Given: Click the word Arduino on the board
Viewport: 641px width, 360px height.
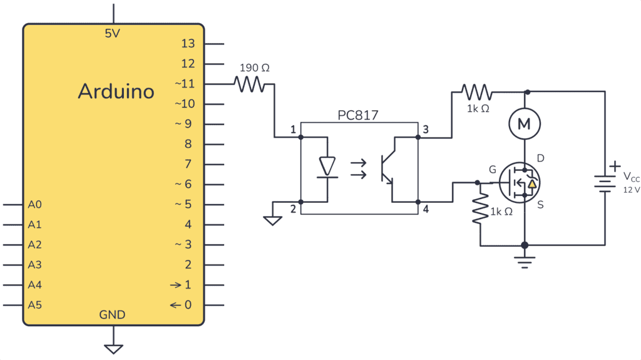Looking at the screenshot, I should [x=116, y=91].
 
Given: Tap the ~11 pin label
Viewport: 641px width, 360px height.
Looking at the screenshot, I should [x=185, y=83].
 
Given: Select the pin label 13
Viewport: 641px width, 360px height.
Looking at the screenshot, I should [x=188, y=43].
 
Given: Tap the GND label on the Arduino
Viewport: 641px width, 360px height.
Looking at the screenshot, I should [x=112, y=314].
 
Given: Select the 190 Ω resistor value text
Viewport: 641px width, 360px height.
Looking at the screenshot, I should [x=255, y=68].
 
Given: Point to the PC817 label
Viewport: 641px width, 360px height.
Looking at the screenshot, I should [x=358, y=115].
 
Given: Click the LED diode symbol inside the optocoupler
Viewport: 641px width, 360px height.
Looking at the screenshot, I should [x=327, y=167].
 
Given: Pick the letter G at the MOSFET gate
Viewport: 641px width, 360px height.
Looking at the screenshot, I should [x=492, y=169].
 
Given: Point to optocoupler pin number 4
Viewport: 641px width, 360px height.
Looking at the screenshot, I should [x=426, y=209].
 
